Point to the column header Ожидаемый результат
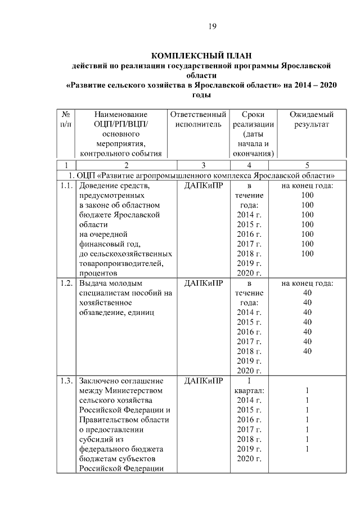click(307, 119)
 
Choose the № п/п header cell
click(66, 119)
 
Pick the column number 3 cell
click(203, 165)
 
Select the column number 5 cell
click(307, 165)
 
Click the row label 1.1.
click(66, 186)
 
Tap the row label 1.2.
click(66, 283)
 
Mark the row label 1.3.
click(66, 381)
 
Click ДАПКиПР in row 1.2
click(203, 283)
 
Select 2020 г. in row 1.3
click(250, 459)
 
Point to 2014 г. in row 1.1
click(250, 215)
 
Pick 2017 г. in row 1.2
click(250, 341)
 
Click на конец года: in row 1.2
click(307, 283)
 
